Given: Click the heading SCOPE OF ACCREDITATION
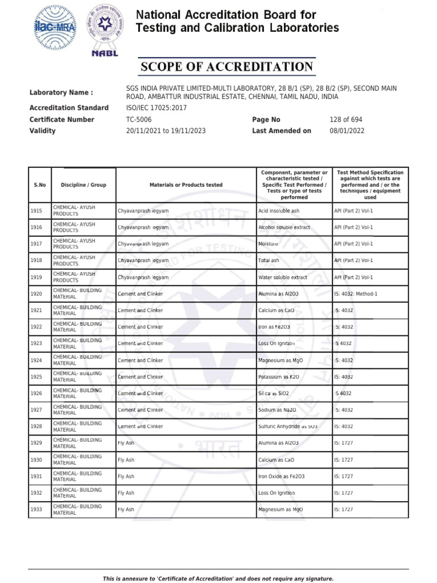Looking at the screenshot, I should click(227, 67).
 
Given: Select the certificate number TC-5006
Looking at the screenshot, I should click(139, 120).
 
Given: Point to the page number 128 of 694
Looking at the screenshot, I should click(345, 120).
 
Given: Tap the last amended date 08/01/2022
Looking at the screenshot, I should click(347, 131).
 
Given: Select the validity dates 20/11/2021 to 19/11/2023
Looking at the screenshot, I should click(166, 131).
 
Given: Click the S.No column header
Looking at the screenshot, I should click(39, 185).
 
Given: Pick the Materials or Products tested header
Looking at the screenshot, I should click(185, 185).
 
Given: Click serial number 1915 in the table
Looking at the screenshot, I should click(36, 211).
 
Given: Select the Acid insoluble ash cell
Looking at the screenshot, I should click(278, 211).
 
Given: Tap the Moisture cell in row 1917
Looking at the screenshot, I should click(268, 244).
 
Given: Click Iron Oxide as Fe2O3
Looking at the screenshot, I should click(281, 477).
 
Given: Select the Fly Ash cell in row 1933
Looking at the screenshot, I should click(126, 510).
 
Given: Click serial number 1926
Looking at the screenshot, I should click(36, 393).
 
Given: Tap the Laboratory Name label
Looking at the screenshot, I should click(61, 93).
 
